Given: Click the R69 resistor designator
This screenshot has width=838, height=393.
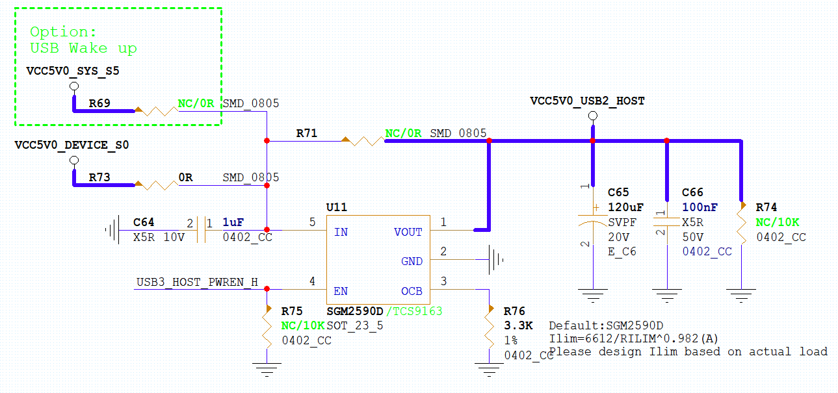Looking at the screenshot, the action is pos(99,103).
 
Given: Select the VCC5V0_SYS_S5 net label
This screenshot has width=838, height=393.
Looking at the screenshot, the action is pos(73,71).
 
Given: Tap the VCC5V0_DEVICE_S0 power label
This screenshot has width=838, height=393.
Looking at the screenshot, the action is pos(72,145).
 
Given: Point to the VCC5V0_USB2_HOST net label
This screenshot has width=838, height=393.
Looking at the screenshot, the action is pos(587,101).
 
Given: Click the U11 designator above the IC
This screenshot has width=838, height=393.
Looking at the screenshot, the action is pos(336,207).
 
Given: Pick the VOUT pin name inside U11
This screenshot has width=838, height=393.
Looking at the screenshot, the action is pos(408,232).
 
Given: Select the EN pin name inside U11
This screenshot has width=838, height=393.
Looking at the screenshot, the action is pos(341,291).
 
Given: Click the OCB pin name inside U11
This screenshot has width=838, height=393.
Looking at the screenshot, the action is pos(412,291).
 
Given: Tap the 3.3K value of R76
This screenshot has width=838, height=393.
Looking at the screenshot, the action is pos(518,325).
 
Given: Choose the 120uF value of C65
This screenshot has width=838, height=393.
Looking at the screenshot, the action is pos(625,207).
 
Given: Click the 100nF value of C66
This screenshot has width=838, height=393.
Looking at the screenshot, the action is pos(700,207).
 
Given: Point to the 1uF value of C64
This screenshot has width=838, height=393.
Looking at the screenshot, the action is pos(233,223).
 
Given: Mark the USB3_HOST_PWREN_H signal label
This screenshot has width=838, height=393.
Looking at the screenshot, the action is pos(197,282).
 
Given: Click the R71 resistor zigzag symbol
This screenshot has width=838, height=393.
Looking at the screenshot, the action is pos(363,140).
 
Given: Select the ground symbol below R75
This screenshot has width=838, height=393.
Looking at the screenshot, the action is pos(267,369).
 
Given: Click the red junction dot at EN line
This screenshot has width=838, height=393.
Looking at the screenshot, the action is pos(267,289).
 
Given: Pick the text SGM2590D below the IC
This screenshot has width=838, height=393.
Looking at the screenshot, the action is pos(355,312).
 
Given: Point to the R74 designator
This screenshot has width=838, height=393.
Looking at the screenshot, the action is pos(766,207).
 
